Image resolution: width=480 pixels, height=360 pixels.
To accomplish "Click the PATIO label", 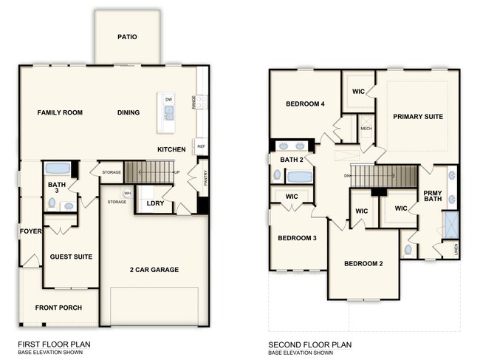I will [x=127, y=37].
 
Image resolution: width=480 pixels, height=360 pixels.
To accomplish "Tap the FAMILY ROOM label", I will [x=60, y=112].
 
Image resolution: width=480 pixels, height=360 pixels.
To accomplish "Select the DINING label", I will [x=128, y=112].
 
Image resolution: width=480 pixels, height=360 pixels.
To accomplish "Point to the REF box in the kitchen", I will [x=200, y=146].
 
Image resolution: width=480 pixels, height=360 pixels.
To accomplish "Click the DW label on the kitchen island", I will [x=169, y=99].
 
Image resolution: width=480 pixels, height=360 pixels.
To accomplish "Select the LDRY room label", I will [x=155, y=203].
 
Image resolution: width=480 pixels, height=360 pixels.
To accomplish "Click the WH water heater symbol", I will [x=127, y=193].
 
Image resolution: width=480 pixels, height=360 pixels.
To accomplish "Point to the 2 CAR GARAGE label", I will [x=154, y=270].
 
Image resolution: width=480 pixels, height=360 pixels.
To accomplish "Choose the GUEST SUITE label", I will [x=71, y=257].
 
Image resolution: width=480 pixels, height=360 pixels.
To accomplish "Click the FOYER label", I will [x=30, y=231].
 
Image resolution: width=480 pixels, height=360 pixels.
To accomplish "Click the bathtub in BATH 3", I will [x=58, y=169].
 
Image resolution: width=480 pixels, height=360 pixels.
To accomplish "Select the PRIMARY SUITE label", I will [x=418, y=117].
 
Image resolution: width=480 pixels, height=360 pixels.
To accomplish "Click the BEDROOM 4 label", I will [x=306, y=104].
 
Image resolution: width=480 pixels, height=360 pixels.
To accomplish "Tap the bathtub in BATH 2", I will [x=301, y=177].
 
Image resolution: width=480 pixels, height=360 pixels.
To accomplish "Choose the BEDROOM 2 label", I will [x=363, y=264].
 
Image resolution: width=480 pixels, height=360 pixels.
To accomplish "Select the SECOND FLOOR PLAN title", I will [x=309, y=344].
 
